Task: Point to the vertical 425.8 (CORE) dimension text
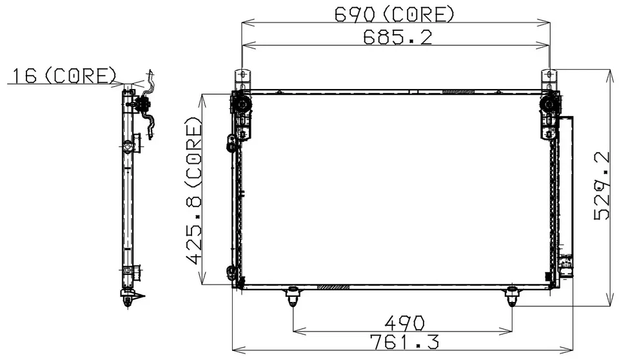[193, 191]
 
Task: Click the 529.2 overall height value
[603, 186]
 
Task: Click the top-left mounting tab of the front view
[242, 79]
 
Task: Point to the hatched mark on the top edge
[458, 92]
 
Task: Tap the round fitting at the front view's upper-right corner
[550, 105]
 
